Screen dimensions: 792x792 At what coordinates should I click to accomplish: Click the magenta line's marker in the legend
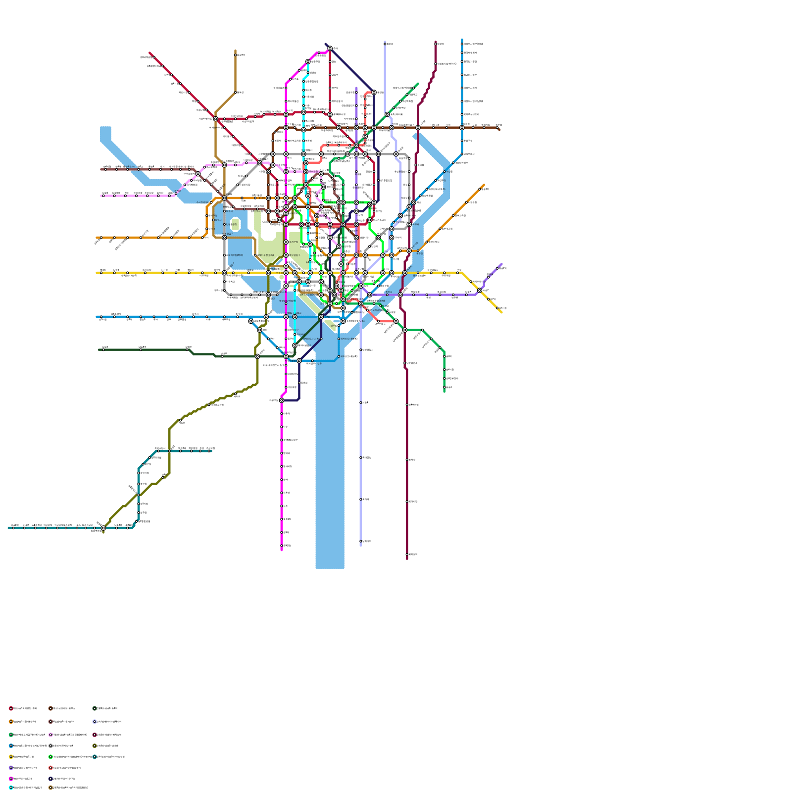[x=11, y=779]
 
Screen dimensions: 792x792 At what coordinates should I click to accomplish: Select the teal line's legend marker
[x=95, y=756]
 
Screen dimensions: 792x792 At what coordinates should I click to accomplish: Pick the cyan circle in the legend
[x=11, y=787]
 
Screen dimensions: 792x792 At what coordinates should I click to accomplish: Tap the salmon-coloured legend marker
[x=50, y=768]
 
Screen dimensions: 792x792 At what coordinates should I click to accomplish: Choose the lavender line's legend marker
[x=95, y=721]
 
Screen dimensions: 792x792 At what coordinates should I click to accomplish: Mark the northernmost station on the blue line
[x=462, y=44]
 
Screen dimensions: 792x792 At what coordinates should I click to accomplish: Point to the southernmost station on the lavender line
[x=361, y=541]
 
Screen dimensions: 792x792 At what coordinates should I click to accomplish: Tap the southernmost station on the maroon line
[x=407, y=554]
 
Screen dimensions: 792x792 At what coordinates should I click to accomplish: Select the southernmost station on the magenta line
[x=282, y=545]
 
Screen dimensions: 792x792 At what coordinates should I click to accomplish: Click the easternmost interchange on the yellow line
[x=479, y=291]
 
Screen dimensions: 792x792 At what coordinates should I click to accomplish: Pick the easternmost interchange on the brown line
[x=462, y=128]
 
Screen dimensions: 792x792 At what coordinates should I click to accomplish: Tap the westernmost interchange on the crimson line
[x=215, y=119]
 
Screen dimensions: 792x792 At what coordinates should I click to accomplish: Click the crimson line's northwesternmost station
[x=154, y=57]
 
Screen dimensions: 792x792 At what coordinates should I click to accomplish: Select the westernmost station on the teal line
[x=13, y=528]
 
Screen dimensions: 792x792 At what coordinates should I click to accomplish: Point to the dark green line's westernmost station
[x=103, y=349]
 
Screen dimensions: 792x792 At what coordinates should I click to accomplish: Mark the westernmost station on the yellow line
[x=101, y=273]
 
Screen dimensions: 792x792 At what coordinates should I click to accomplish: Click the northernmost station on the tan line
[x=235, y=55]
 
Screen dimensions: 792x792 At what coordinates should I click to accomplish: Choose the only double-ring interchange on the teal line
[x=103, y=528]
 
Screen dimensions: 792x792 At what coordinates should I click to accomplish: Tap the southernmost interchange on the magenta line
[x=282, y=400]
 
